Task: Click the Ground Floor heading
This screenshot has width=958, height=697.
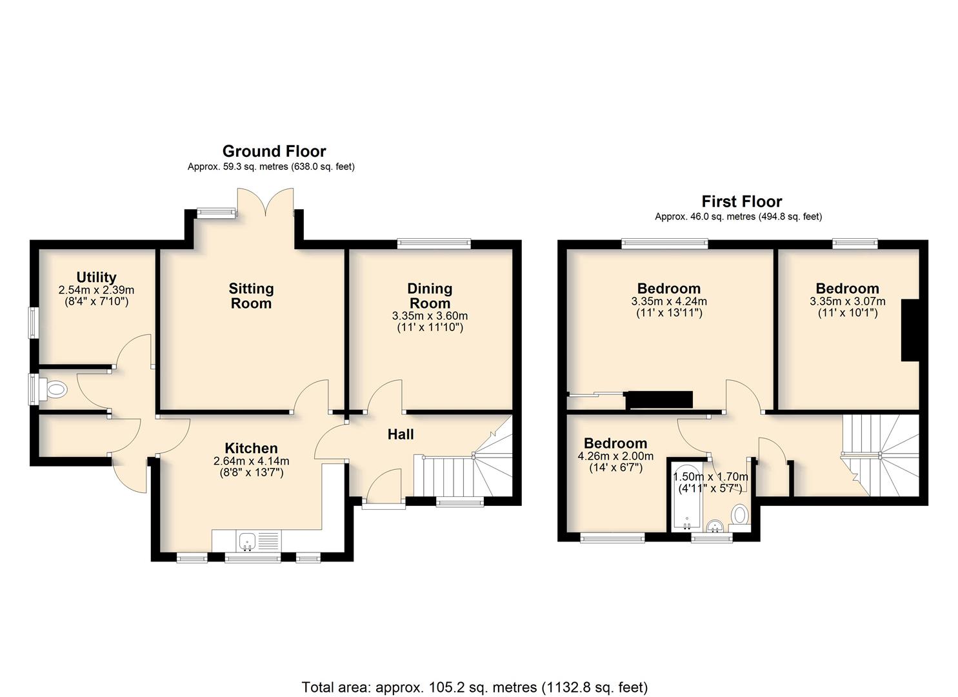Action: [x=274, y=152]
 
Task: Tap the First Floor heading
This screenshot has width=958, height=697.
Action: [x=742, y=201]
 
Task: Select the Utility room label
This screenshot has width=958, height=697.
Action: [x=96, y=277]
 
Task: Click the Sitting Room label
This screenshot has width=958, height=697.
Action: [x=251, y=296]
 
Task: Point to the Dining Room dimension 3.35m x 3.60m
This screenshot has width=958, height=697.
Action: [x=430, y=316]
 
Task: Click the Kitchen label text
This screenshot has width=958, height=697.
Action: [x=251, y=448]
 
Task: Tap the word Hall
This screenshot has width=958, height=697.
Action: [x=401, y=434]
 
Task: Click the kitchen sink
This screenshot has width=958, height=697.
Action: [x=247, y=541]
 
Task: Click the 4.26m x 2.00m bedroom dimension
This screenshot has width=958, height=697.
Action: [x=615, y=456]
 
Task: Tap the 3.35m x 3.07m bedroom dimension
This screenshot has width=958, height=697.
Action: [x=847, y=301]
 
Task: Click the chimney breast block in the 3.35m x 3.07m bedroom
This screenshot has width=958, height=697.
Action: [x=910, y=330]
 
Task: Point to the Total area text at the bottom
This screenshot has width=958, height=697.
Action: [x=475, y=675]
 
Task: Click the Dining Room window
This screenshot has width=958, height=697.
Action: [x=434, y=244]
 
